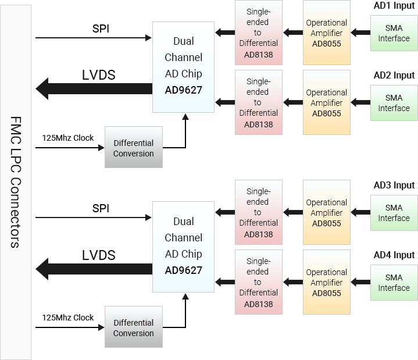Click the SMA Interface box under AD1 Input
click(394, 33)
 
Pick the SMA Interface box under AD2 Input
click(394, 103)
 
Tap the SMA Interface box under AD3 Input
click(394, 213)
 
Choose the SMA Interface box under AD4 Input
click(394, 283)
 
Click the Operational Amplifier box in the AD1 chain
click(326, 33)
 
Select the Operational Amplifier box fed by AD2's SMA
click(326, 103)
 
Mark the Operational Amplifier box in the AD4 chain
click(326, 283)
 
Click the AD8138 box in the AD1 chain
click(258, 33)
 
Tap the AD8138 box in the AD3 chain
click(258, 213)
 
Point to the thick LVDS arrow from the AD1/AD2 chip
click(93, 89)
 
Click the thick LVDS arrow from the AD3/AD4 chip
click(93, 269)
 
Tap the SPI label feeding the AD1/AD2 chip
click(101, 29)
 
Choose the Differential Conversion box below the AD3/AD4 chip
click(133, 328)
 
